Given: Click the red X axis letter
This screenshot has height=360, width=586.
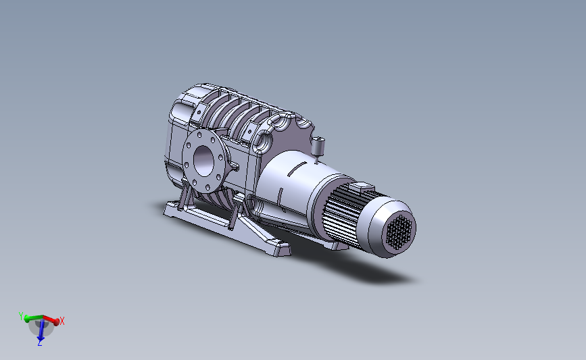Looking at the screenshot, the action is pos(62,321).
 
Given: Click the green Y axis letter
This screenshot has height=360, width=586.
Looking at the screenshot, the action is pos(21,316).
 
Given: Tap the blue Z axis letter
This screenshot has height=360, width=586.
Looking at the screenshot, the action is pos(40,343).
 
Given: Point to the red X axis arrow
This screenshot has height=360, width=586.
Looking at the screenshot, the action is pos(50,319).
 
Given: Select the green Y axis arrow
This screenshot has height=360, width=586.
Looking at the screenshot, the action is pos(33,318).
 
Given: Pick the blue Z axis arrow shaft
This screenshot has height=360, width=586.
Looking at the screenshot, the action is pos(41,329).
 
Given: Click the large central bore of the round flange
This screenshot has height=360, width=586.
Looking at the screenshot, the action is pos(203,161).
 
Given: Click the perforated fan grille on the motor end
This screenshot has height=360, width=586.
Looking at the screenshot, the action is pos(399,232).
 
